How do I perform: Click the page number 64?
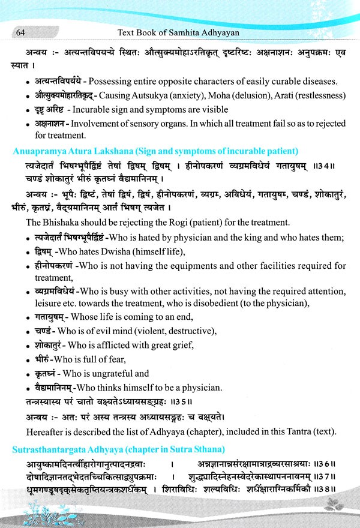[x=20, y=31]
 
